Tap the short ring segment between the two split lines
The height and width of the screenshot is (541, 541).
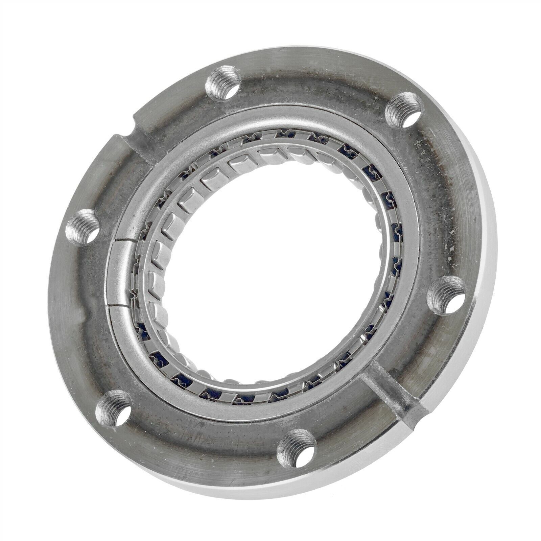click(118, 270)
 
